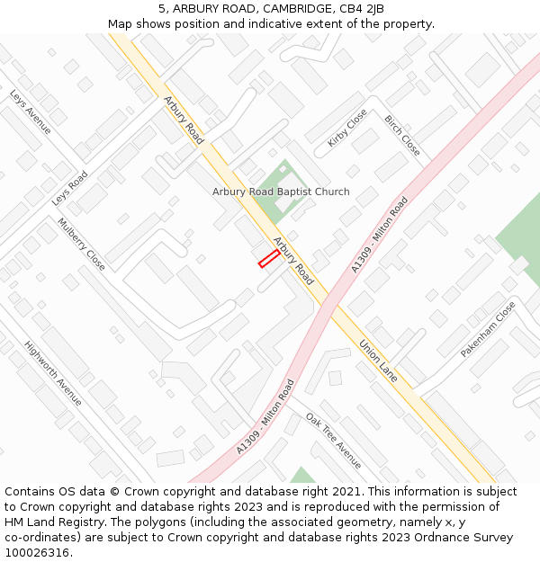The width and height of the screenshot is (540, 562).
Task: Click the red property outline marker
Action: tap(268, 260)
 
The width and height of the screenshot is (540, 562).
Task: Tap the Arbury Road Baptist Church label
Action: tap(281, 192)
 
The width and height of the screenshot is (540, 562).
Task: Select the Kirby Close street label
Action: tap(347, 128)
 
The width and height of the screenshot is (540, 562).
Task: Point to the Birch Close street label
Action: tap(402, 135)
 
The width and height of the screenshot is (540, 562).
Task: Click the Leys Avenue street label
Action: tap(31, 112)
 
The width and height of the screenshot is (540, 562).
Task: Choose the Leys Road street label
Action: tap(70, 188)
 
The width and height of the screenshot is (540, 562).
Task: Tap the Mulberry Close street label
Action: tap(82, 244)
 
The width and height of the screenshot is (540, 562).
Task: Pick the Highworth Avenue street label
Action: tap(53, 372)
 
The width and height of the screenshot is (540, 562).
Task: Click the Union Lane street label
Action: tap(378, 360)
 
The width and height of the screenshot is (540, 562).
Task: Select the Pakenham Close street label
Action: tap(489, 329)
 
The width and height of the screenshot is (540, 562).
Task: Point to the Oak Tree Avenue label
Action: tap(333, 441)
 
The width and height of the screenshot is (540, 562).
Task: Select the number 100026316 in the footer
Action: tap(38, 553)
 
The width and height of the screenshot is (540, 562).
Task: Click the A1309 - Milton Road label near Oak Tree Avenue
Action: tap(266, 416)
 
